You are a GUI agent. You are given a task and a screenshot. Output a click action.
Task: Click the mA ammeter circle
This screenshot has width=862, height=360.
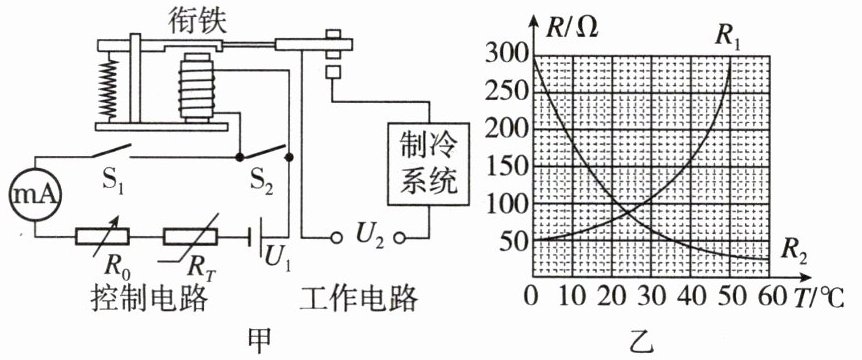(36, 196)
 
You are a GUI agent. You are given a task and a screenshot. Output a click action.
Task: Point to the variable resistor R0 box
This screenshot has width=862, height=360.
(102, 237)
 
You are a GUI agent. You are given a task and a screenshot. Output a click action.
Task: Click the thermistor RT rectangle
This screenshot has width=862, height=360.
(190, 237)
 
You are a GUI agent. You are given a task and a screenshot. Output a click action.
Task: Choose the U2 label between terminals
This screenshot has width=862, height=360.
(368, 237)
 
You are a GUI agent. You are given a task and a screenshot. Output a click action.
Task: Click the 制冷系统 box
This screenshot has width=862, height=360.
(428, 164)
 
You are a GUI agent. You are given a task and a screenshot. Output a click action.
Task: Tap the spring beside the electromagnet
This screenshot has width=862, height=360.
(110, 87)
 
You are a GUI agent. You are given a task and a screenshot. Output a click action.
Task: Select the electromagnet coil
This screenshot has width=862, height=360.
(196, 87)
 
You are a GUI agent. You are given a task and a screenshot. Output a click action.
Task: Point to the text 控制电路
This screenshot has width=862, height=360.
(150, 300)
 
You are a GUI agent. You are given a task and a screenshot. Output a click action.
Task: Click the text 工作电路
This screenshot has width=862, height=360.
(360, 300)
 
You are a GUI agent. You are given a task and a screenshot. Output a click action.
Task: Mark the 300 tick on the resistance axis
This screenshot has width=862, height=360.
(506, 54)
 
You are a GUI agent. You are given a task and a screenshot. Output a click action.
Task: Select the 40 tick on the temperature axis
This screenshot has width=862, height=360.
(691, 298)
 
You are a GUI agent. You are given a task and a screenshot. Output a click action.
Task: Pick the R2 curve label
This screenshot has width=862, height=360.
(794, 252)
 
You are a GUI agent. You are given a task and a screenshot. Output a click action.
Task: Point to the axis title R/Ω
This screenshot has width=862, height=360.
(572, 27)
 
